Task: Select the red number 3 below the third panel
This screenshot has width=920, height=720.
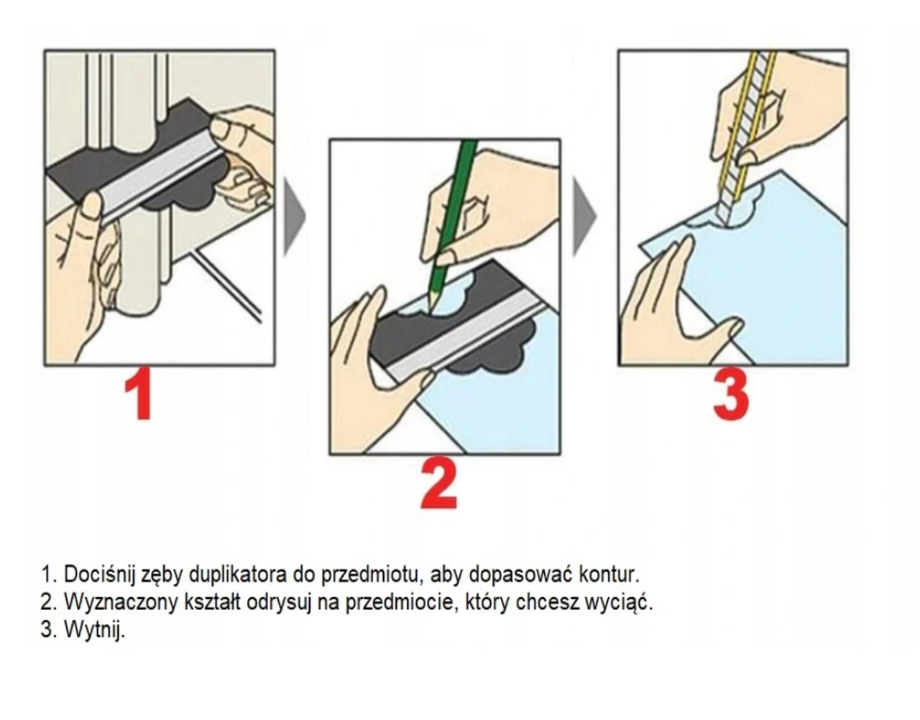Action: click(731, 394)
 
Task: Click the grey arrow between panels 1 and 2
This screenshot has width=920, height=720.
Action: click(294, 217)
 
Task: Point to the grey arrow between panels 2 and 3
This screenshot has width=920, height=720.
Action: click(584, 217)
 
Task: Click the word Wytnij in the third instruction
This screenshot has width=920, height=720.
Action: click(94, 630)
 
